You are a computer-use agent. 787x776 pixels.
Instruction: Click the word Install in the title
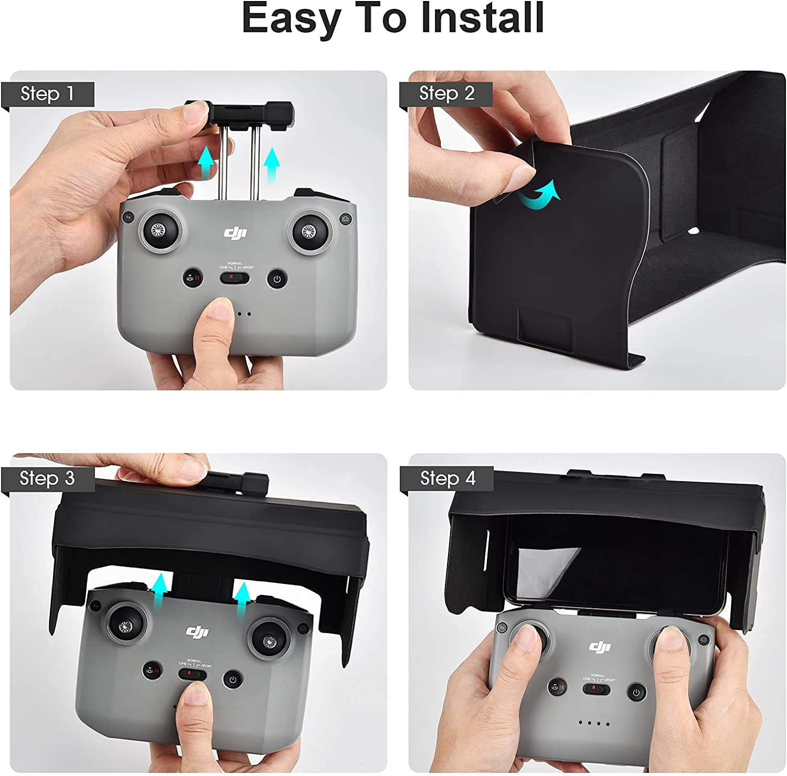click(x=482, y=19)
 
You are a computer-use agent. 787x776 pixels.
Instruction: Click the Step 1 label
click(x=47, y=94)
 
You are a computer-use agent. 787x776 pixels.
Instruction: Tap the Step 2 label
click(x=446, y=93)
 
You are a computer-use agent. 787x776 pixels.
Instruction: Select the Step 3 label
click(x=47, y=479)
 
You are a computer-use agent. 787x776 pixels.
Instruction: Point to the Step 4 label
click(x=448, y=479)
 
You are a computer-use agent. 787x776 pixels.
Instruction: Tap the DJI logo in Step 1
click(x=236, y=233)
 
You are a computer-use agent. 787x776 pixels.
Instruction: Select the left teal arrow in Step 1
click(x=207, y=163)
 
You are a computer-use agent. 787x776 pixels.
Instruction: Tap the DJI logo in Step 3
click(x=197, y=632)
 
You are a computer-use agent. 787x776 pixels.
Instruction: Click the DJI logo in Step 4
click(x=600, y=646)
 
